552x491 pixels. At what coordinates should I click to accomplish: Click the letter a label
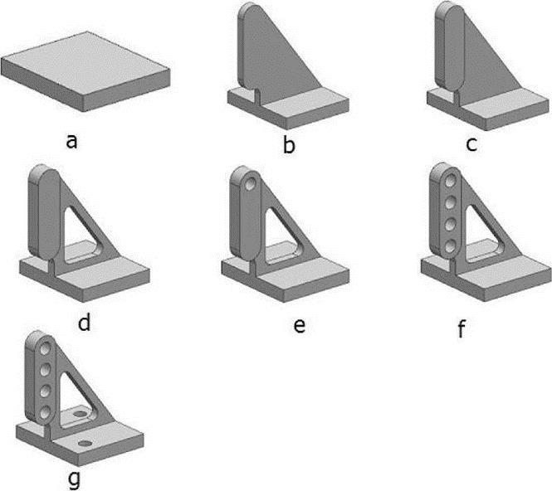click(x=73, y=140)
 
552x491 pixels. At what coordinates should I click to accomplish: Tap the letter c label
click(x=471, y=144)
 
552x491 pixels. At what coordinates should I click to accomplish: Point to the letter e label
click(x=300, y=323)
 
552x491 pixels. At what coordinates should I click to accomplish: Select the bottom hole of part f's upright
click(x=449, y=245)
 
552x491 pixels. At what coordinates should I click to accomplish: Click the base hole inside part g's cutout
click(x=81, y=411)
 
